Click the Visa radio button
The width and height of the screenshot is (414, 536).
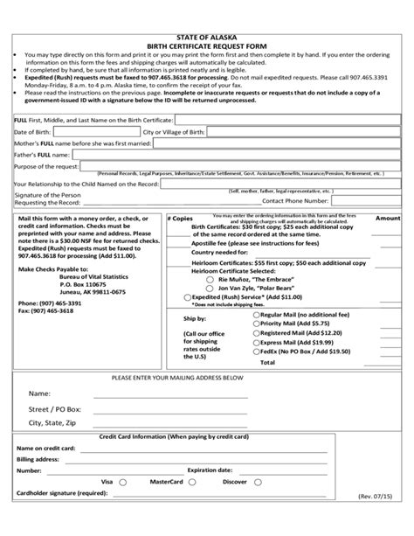122,482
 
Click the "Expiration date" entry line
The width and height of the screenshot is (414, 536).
288,470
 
